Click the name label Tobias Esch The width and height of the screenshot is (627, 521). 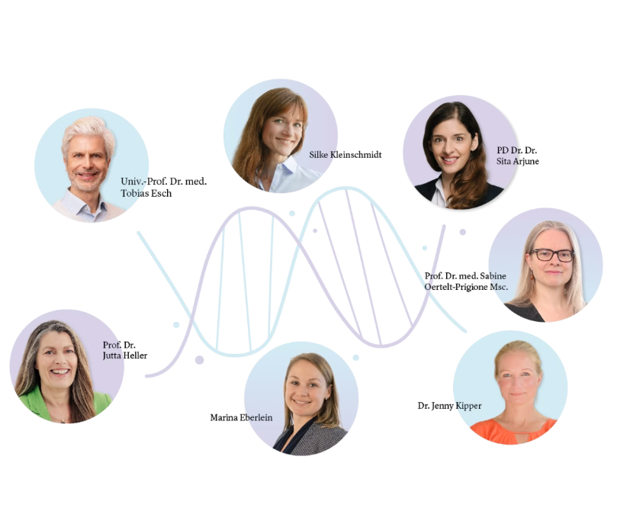(146, 193)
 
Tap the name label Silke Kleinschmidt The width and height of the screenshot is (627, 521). (345, 155)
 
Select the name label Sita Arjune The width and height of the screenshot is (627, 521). (517, 161)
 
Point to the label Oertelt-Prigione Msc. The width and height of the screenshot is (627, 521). (466, 287)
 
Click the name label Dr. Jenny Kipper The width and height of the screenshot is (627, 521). (449, 406)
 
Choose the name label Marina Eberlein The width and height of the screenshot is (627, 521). (241, 417)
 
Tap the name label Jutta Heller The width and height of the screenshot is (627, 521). (125, 355)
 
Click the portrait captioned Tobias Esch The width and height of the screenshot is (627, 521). (92, 166)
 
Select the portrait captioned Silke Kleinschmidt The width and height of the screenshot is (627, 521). (280, 136)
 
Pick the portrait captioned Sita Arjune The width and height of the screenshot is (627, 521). (460, 153)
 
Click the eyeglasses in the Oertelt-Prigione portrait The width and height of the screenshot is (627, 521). (552, 255)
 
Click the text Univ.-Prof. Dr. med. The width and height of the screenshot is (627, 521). (163, 182)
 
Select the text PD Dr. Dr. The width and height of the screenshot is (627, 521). (516, 150)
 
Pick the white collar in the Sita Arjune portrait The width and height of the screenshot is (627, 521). (441, 192)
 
